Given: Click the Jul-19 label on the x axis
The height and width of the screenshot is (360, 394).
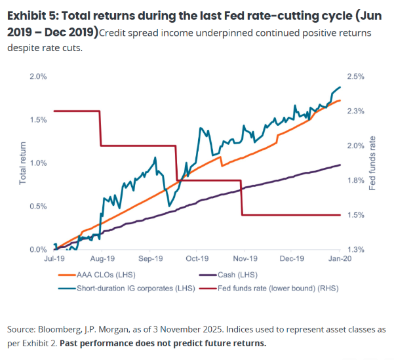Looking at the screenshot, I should (x=54, y=260).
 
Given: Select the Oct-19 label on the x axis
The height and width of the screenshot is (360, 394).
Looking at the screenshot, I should (x=197, y=260).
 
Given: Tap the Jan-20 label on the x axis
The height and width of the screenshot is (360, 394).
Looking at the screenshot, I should (x=339, y=260).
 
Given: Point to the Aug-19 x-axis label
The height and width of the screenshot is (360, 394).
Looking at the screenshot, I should (x=102, y=260).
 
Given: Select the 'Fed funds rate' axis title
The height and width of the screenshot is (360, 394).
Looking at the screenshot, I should (x=373, y=163).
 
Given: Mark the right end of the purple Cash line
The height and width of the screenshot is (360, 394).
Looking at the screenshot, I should (x=340, y=165).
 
